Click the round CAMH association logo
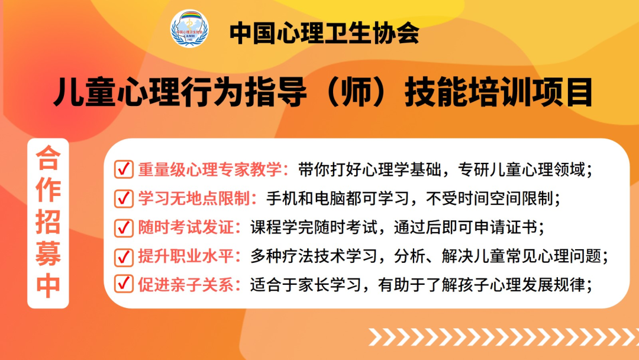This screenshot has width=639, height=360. [x=190, y=28]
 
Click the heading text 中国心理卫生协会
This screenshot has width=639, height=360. [x=324, y=33]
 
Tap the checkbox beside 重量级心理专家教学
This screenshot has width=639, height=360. [x=124, y=170]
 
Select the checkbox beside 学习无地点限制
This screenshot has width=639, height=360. [x=124, y=198]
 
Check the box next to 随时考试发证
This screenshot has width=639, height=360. [x=124, y=227]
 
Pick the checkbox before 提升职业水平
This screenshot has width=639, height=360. [x=124, y=256]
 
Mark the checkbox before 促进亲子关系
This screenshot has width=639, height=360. [x=124, y=285]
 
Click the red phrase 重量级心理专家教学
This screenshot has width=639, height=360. [x=212, y=170]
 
